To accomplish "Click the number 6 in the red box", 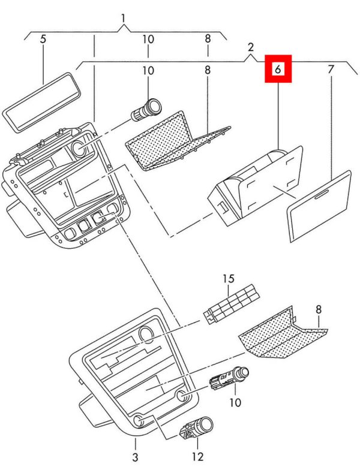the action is [x=278, y=70].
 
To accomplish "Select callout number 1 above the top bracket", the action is [x=124, y=19].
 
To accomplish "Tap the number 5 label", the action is [x=43, y=39].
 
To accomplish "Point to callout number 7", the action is [x=331, y=70].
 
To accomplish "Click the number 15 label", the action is [x=228, y=278].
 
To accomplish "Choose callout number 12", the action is [x=198, y=457].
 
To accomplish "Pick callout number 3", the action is [x=136, y=457].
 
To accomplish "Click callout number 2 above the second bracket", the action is [x=251, y=47].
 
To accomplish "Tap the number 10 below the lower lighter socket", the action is [x=235, y=402].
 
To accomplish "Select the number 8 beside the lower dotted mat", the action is [x=319, y=309].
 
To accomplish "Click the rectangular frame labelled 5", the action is [x=42, y=102].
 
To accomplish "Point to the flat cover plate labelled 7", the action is [x=319, y=206].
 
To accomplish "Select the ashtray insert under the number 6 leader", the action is [x=255, y=186].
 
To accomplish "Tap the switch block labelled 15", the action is [x=232, y=303].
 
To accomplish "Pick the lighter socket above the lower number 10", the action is [x=229, y=378].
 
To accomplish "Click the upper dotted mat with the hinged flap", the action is [x=177, y=141].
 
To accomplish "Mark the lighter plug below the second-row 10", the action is [x=146, y=110].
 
